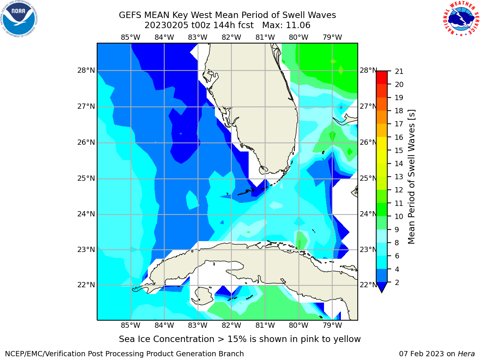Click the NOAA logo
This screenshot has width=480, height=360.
point(19,19)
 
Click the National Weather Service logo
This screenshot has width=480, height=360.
point(461,19)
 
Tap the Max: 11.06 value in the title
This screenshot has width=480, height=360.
point(286,25)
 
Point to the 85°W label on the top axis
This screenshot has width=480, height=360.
point(130,37)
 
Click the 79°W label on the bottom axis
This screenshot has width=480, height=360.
point(332,325)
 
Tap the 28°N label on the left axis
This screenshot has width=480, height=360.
point(86,70)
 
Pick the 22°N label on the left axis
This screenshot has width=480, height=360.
point(86,285)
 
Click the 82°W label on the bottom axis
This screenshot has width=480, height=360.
point(231,325)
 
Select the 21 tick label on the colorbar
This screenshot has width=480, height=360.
point(399,72)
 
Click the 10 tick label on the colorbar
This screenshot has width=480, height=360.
point(399,216)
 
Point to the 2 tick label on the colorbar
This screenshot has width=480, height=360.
point(397,282)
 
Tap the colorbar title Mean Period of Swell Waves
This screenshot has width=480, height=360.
point(411,177)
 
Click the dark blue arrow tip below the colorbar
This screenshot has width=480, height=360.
point(382,292)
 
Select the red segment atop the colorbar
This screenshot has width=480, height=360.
point(382,77)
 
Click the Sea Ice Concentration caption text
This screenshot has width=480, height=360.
point(240,339)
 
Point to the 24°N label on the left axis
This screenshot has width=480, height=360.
point(86,214)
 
